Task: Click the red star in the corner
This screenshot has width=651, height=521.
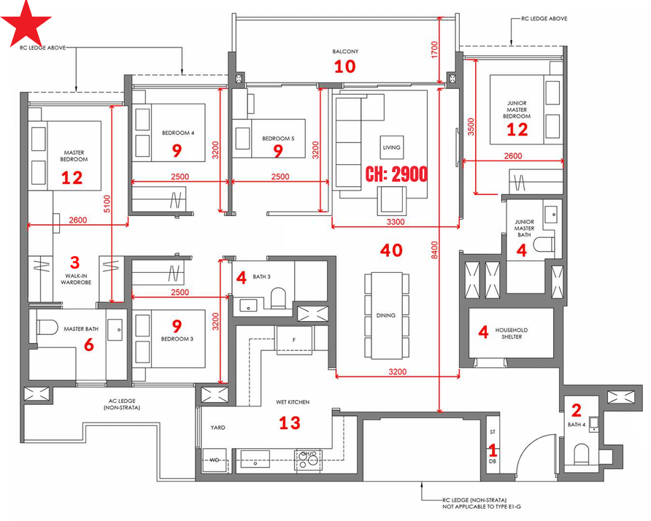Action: [x=26, y=24]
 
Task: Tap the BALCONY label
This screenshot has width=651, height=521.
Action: [x=345, y=52]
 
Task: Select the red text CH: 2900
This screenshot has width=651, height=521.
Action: [x=396, y=174]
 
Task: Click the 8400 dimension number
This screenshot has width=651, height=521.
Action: [x=434, y=250]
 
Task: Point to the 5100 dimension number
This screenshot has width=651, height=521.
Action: [x=107, y=204]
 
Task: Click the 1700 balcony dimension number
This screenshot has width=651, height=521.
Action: [x=434, y=50]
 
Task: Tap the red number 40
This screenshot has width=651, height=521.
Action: [x=391, y=250]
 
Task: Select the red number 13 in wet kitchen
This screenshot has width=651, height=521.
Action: [x=290, y=423]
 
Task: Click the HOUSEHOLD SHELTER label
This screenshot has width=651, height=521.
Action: [x=511, y=333]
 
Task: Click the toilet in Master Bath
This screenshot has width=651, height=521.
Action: [x=47, y=326]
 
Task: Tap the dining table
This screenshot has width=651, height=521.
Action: [x=387, y=315]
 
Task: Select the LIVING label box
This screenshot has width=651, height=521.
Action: [x=391, y=147]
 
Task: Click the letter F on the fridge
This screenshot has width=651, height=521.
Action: [x=294, y=340]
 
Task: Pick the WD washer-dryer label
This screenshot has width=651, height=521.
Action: [x=215, y=460]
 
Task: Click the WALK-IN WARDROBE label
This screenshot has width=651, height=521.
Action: [x=76, y=279]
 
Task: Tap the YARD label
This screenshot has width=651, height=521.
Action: [x=217, y=427]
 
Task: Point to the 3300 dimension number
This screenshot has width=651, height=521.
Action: [x=396, y=222]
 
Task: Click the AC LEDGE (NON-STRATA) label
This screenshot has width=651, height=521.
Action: [x=122, y=404]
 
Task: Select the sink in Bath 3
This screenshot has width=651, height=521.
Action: [x=248, y=306]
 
